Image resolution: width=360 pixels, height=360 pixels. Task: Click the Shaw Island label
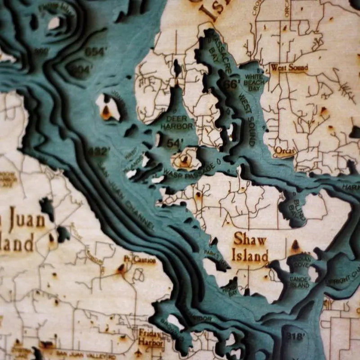click(250, 248)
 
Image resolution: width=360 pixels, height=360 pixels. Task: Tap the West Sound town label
click(289, 68)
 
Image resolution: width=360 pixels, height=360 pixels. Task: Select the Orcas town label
click(284, 151)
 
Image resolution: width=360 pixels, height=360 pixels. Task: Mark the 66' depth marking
click(231, 84)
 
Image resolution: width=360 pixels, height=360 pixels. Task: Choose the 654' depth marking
click(94, 52)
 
